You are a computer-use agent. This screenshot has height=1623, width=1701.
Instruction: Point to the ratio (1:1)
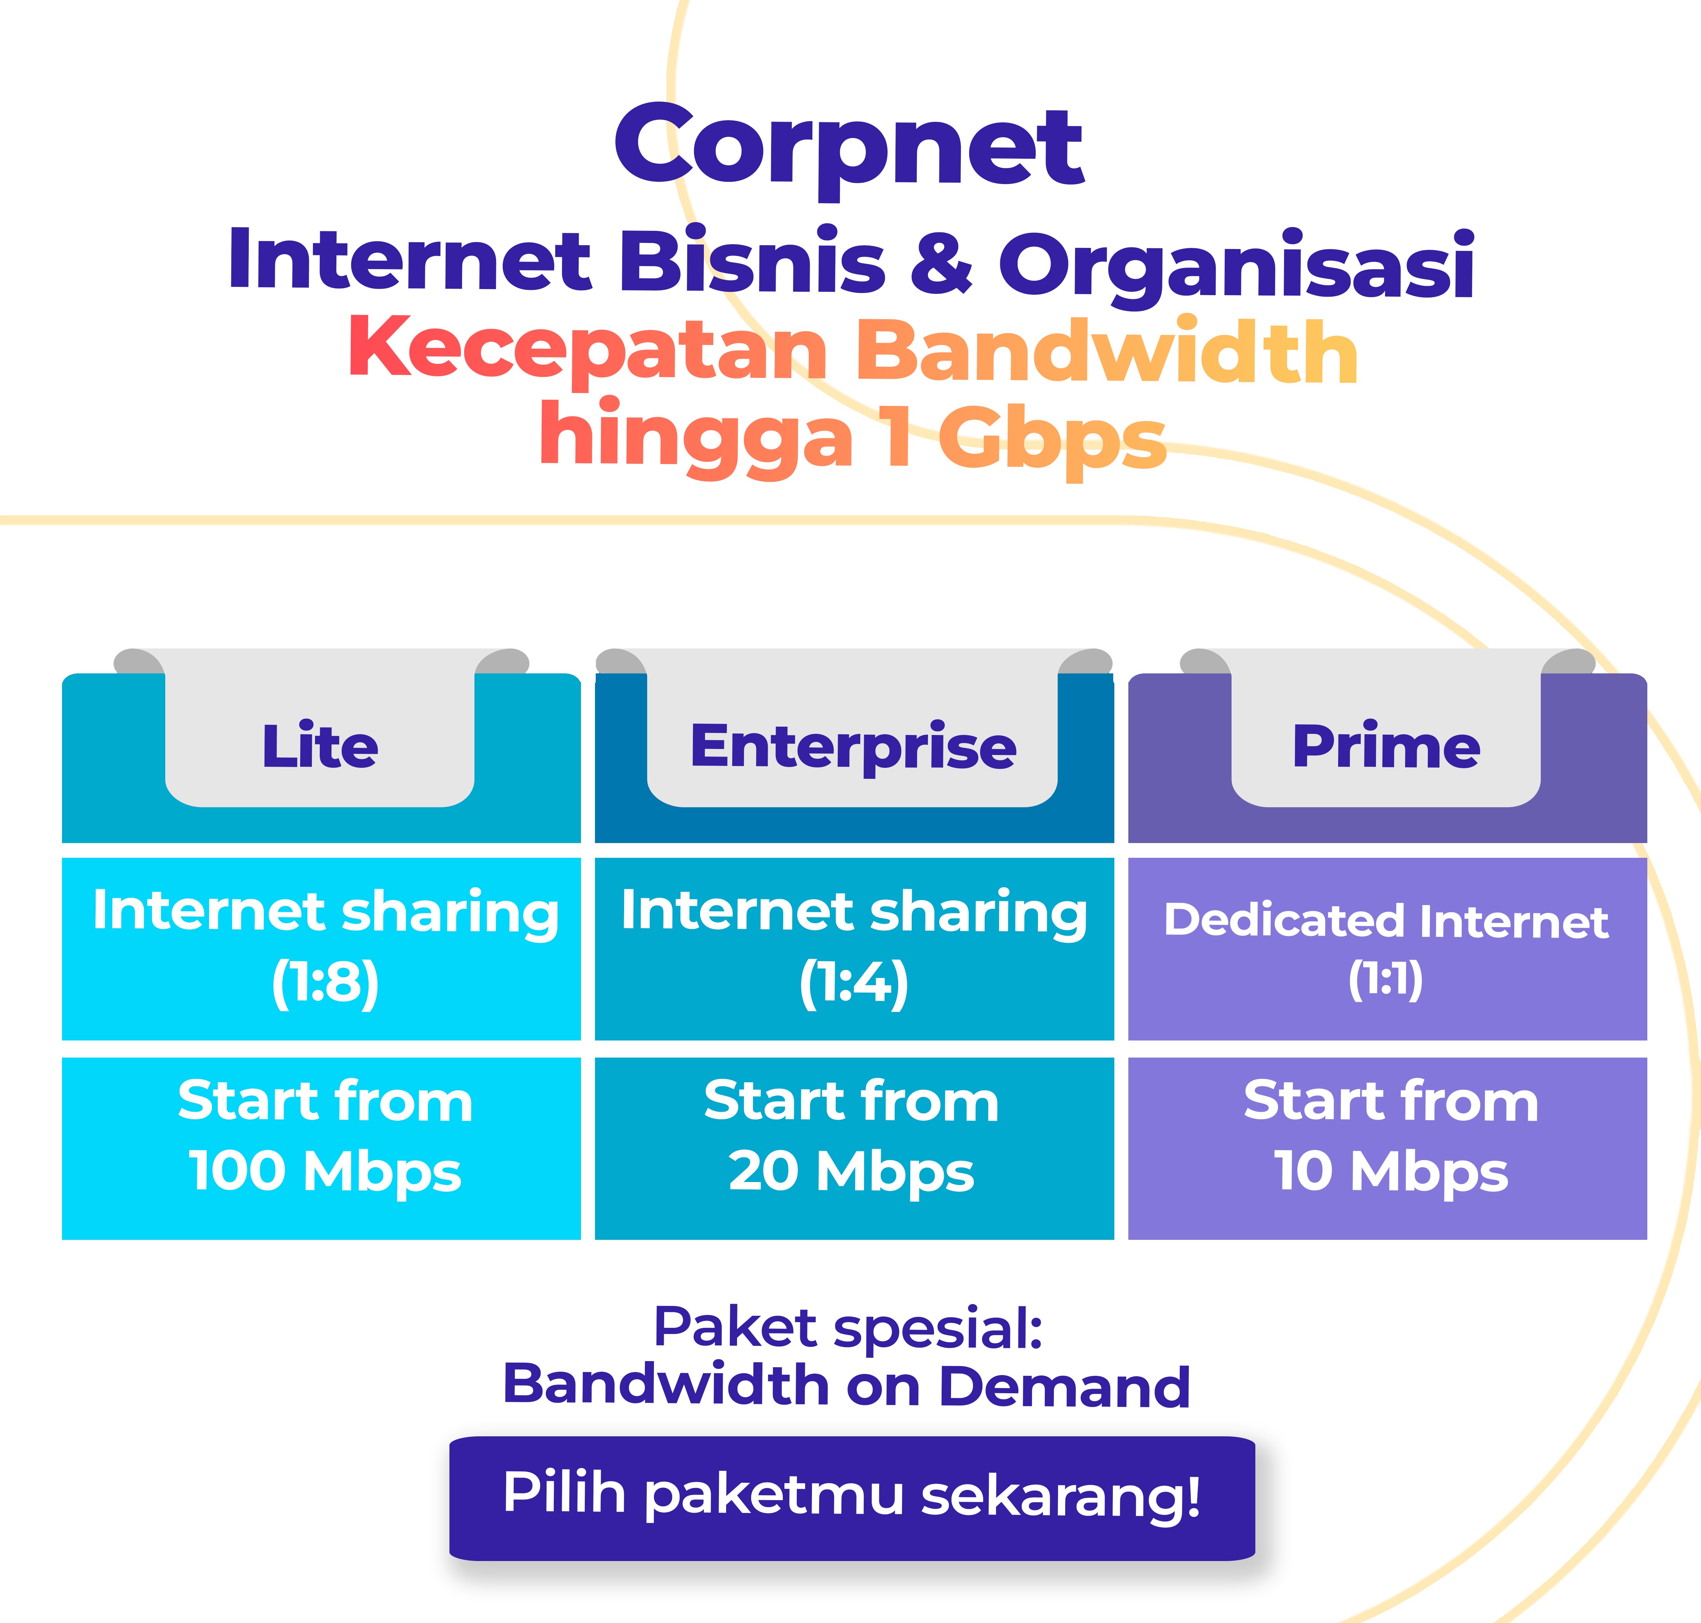pos(1386,979)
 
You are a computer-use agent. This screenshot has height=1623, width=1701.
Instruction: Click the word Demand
pos(1064,1386)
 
